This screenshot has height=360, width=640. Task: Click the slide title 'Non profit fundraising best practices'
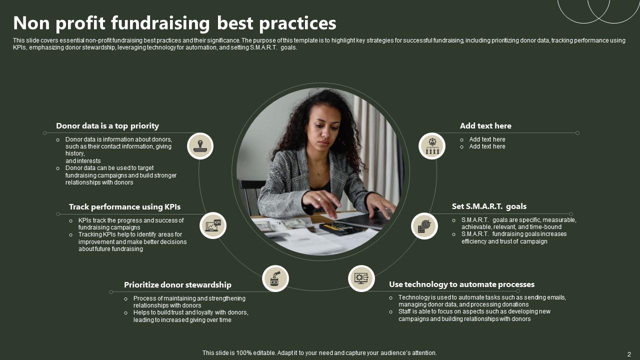(x=174, y=23)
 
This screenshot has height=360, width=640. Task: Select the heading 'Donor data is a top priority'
(x=107, y=126)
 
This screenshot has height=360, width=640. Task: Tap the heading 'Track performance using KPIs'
(x=124, y=207)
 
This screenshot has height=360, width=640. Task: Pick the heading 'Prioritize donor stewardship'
(x=177, y=285)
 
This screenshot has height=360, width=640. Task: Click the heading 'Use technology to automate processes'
(x=461, y=284)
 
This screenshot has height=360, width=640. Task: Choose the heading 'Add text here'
(x=485, y=126)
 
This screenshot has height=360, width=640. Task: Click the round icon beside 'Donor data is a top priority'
(x=200, y=146)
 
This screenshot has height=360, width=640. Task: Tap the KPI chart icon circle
(x=213, y=225)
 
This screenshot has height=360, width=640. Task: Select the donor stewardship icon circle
(x=275, y=278)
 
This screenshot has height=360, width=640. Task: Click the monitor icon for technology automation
(x=361, y=278)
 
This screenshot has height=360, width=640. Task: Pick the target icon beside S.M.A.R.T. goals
(x=424, y=226)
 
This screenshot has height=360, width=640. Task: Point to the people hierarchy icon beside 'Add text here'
(x=432, y=146)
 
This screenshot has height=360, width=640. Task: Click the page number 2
(x=629, y=354)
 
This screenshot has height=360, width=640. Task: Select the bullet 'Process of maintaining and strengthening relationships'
(x=189, y=302)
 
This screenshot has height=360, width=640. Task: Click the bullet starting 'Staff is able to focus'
(x=474, y=315)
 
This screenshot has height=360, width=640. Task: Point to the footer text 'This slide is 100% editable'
(x=319, y=353)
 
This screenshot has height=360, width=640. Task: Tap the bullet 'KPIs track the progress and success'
(x=130, y=224)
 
